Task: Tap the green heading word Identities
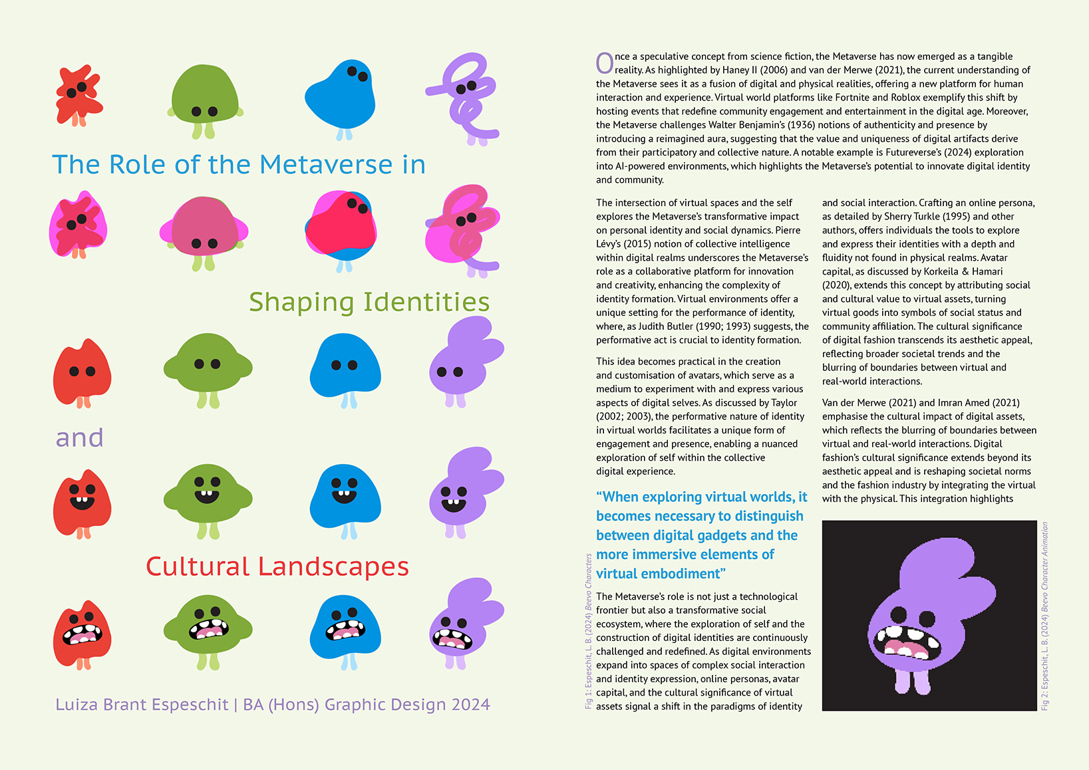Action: point(426,303)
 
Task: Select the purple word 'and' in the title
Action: point(80,438)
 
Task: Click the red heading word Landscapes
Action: point(333,567)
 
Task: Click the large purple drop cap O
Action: point(604,63)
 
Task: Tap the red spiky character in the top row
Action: point(78,94)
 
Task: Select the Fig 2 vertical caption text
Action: point(1045,616)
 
